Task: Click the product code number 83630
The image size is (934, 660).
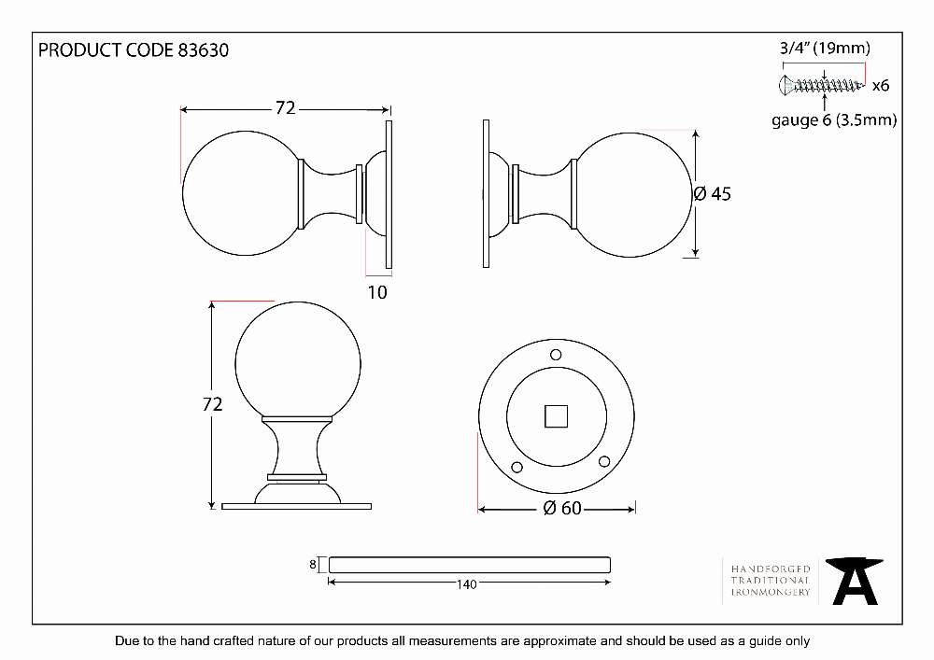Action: click(203, 50)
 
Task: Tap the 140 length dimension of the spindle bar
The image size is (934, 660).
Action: click(467, 584)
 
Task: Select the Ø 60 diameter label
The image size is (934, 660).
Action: click(562, 508)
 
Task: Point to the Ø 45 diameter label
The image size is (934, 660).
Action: click(713, 193)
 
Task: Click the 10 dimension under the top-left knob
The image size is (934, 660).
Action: click(377, 292)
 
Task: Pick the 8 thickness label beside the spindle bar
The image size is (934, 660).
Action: click(313, 564)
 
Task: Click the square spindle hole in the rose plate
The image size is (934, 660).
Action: click(557, 416)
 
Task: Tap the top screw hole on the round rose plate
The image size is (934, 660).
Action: click(556, 355)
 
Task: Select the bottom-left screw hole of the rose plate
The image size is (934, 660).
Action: click(517, 467)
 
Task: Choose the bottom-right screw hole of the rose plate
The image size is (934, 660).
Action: click(604, 461)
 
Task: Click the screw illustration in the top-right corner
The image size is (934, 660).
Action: click(821, 85)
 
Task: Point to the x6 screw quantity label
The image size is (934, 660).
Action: click(881, 86)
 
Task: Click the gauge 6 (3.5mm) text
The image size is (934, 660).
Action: click(834, 120)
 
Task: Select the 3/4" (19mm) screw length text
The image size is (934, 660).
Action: click(825, 49)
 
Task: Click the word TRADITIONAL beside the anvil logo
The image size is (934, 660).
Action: click(771, 581)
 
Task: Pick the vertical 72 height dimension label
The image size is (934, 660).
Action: click(213, 404)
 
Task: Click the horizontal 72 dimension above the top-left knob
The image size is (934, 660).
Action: click(285, 107)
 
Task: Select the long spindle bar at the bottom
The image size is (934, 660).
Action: click(470, 565)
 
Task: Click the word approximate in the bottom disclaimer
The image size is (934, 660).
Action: click(559, 641)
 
